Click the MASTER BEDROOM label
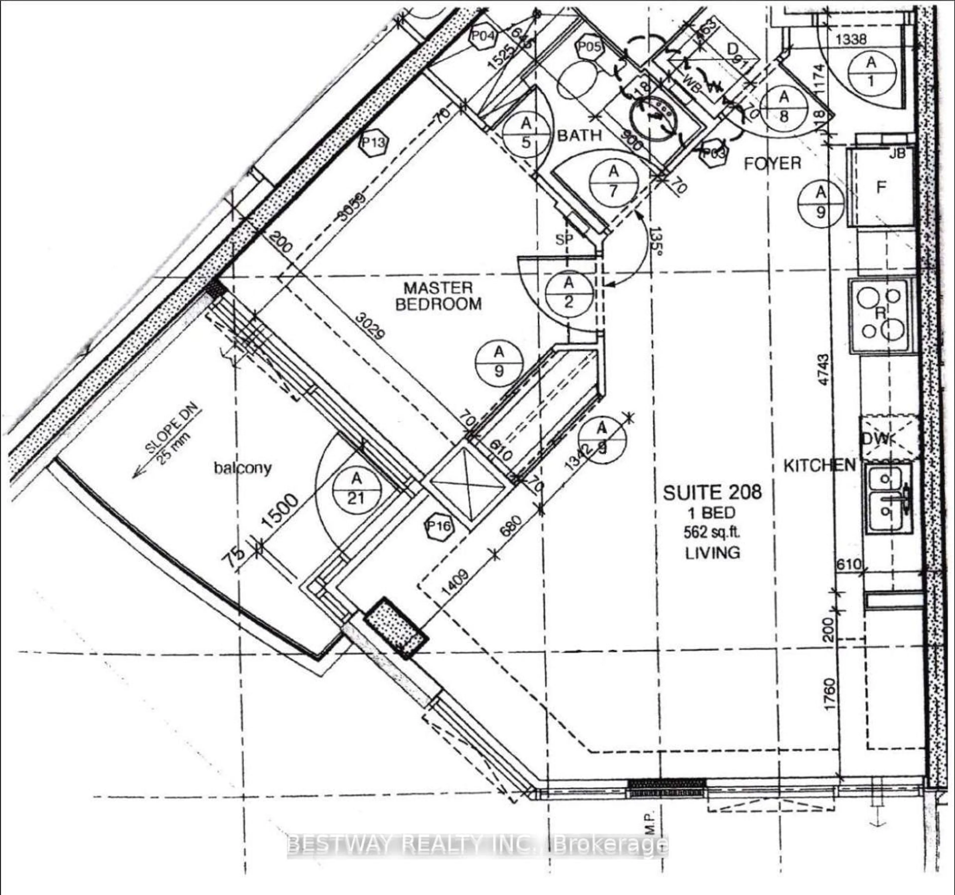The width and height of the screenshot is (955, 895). pos(438,296)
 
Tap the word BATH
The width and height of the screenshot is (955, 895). pos(579,136)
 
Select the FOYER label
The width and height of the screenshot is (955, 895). pos(772,164)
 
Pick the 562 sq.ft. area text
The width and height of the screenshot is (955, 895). pos(713,532)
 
